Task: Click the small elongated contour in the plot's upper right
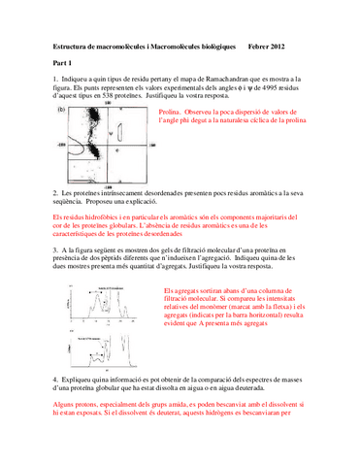click(x=131, y=128)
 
